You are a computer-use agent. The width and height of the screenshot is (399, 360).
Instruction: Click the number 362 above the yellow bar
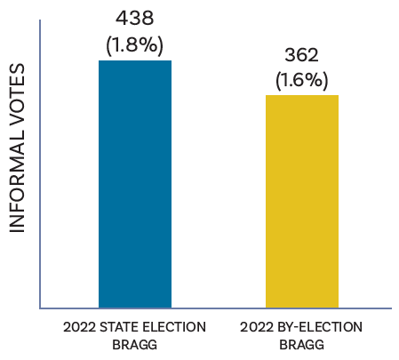[x=302, y=55]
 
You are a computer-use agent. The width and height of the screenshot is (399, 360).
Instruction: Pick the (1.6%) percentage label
[x=302, y=80]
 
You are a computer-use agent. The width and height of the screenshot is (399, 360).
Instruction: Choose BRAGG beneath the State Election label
[x=134, y=344]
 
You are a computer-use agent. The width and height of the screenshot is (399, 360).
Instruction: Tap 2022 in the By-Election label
[x=257, y=327]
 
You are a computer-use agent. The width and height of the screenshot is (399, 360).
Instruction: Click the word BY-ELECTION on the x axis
[x=319, y=327]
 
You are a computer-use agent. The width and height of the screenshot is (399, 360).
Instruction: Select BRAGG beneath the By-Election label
[x=301, y=344]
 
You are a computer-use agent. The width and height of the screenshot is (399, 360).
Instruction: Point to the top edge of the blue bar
[x=134, y=61]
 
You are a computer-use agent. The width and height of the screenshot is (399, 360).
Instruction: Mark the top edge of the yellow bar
[x=302, y=95]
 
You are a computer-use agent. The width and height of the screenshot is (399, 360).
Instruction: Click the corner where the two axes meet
[x=40, y=308]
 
